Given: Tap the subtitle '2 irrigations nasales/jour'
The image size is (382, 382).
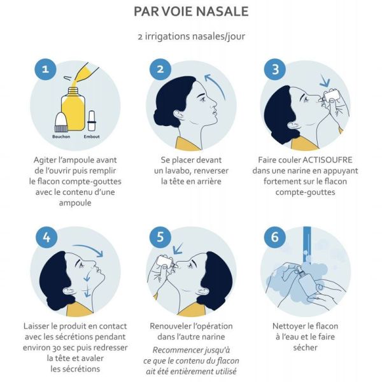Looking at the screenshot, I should [191, 36].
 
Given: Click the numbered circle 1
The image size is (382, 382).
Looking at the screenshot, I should [45, 69].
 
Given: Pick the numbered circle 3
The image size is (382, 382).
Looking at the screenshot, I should [275, 69].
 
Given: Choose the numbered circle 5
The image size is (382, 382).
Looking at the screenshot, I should [160, 237].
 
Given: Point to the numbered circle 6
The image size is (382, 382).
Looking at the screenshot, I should [275, 237].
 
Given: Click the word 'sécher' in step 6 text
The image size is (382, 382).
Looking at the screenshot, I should [306, 347].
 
